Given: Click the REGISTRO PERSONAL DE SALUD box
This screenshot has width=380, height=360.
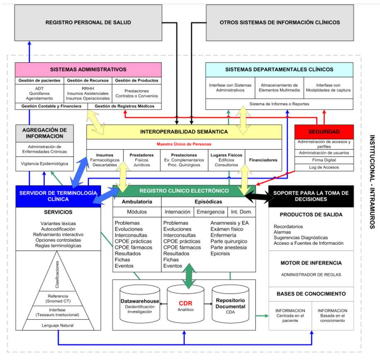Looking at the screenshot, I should coord(88,22).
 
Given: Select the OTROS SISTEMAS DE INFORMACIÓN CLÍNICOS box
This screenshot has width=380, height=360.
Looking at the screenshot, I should coord(280,22).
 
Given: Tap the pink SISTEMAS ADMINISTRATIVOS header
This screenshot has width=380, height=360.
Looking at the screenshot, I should coord(88,70).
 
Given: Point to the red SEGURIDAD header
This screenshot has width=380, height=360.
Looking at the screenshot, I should coord(324,132).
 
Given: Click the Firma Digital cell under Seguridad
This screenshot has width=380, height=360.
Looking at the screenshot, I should coord(324,160).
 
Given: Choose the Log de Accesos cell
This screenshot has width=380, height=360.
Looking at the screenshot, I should coord(324,167).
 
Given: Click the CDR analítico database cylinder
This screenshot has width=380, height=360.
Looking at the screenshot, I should coord(185,304).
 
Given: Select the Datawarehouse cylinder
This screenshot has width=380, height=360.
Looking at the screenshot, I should coord(140,304).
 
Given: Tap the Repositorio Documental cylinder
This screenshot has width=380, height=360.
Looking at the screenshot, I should coord(230,304).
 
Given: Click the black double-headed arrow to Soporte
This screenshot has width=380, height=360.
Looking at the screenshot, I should coord(257,196).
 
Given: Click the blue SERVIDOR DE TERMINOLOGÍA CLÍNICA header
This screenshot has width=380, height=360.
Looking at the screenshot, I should coord(58,196).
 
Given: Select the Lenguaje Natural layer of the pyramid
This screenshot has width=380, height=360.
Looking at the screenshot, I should coord(58,325).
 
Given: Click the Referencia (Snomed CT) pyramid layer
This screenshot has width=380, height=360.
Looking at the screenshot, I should coord(58,298).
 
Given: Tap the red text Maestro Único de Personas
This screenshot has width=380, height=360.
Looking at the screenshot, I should coord(184,144).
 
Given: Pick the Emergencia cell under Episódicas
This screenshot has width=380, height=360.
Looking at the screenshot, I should coord(211,212).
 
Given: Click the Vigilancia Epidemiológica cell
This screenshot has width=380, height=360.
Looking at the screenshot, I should coord(44,164).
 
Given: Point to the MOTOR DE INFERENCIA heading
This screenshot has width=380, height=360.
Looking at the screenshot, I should coord(311,263).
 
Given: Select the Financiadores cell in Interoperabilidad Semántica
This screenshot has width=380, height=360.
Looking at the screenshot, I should coord(263,160).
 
